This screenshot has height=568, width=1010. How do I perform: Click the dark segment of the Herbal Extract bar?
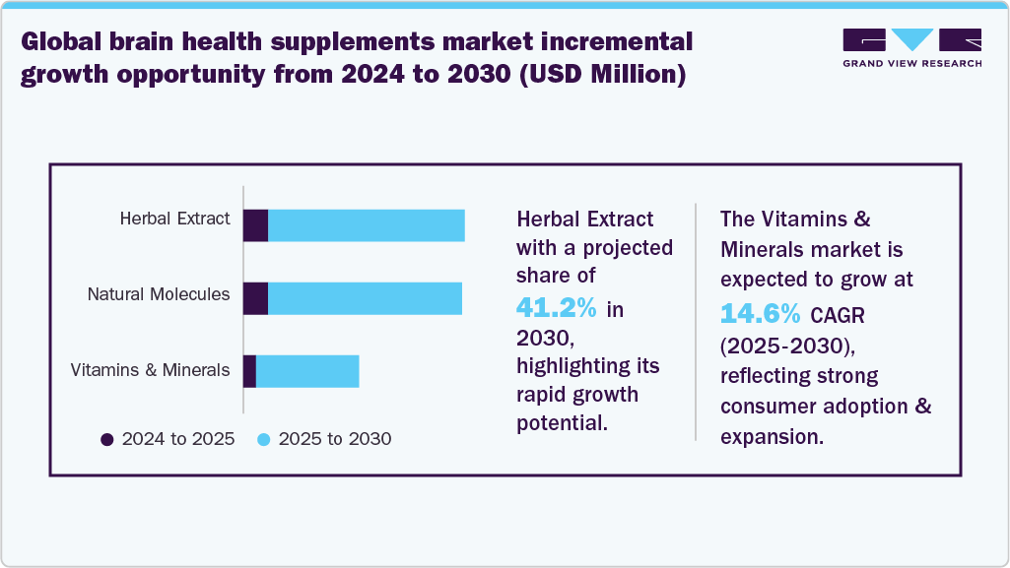255,225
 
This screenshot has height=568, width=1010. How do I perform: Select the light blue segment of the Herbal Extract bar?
366,225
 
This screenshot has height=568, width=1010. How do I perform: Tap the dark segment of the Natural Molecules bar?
255,298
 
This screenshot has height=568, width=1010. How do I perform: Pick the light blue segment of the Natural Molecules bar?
365,298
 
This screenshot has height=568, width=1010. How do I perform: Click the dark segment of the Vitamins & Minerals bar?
249,371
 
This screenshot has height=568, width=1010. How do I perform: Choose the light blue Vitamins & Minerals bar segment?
307,371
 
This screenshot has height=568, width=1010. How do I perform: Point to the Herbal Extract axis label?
174,219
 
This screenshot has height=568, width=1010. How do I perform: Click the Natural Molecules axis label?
159,293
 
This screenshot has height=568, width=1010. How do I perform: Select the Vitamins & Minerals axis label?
150,370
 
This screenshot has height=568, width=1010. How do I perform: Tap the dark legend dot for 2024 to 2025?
107,439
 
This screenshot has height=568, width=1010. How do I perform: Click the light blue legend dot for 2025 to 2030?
264,439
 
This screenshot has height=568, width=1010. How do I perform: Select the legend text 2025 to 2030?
335,439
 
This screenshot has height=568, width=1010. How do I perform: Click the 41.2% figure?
557,308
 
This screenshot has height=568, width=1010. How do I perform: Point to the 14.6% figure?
761,313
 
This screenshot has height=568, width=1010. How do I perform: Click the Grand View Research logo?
911,46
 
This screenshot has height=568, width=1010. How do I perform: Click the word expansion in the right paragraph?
771,437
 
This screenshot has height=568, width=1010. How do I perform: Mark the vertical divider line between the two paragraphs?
696,321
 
